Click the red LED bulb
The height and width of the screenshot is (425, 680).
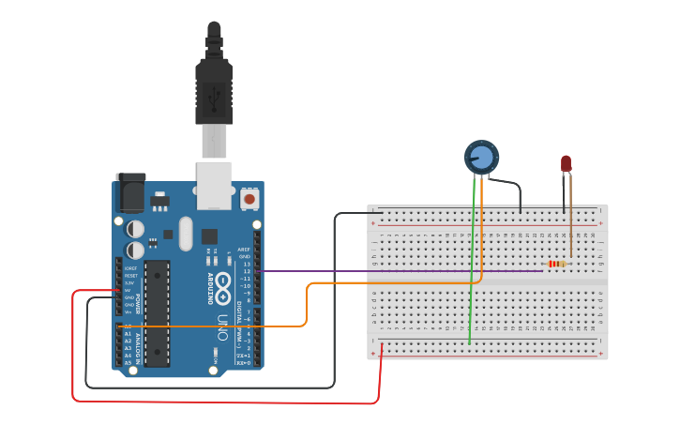[566, 163]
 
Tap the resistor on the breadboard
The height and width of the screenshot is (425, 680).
[558, 264]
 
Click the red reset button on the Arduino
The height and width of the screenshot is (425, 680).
[249, 199]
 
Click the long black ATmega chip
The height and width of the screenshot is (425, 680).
[157, 312]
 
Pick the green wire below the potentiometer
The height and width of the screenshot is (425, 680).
[471, 281]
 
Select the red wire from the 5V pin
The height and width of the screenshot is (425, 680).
[225, 402]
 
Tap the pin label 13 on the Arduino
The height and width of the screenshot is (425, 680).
[247, 264]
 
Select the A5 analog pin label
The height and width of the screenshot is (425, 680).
[128, 362]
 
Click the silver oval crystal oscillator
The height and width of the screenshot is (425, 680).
[185, 234]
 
